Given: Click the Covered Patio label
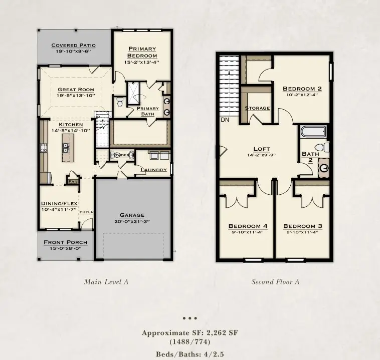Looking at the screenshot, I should click(74, 45).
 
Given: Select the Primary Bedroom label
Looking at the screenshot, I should click(142, 52).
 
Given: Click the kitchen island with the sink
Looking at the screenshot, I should click(67, 147).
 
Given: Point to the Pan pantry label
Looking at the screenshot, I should click(73, 181).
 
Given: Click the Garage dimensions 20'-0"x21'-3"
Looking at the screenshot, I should click(132, 221).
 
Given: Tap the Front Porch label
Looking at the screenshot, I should click(65, 242).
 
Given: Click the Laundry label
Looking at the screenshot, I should click(153, 170).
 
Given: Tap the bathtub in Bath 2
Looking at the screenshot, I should click(313, 132).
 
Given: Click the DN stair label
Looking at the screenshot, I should click(225, 120).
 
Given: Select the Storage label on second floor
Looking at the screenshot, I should click(257, 108).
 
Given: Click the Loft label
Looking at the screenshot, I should click(262, 148).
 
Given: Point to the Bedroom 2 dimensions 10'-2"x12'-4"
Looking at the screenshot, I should click(302, 94).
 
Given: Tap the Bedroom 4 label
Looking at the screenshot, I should click(248, 226).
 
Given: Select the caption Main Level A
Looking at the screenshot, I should click(106, 282).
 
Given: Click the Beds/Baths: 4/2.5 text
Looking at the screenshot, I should click(190, 353).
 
